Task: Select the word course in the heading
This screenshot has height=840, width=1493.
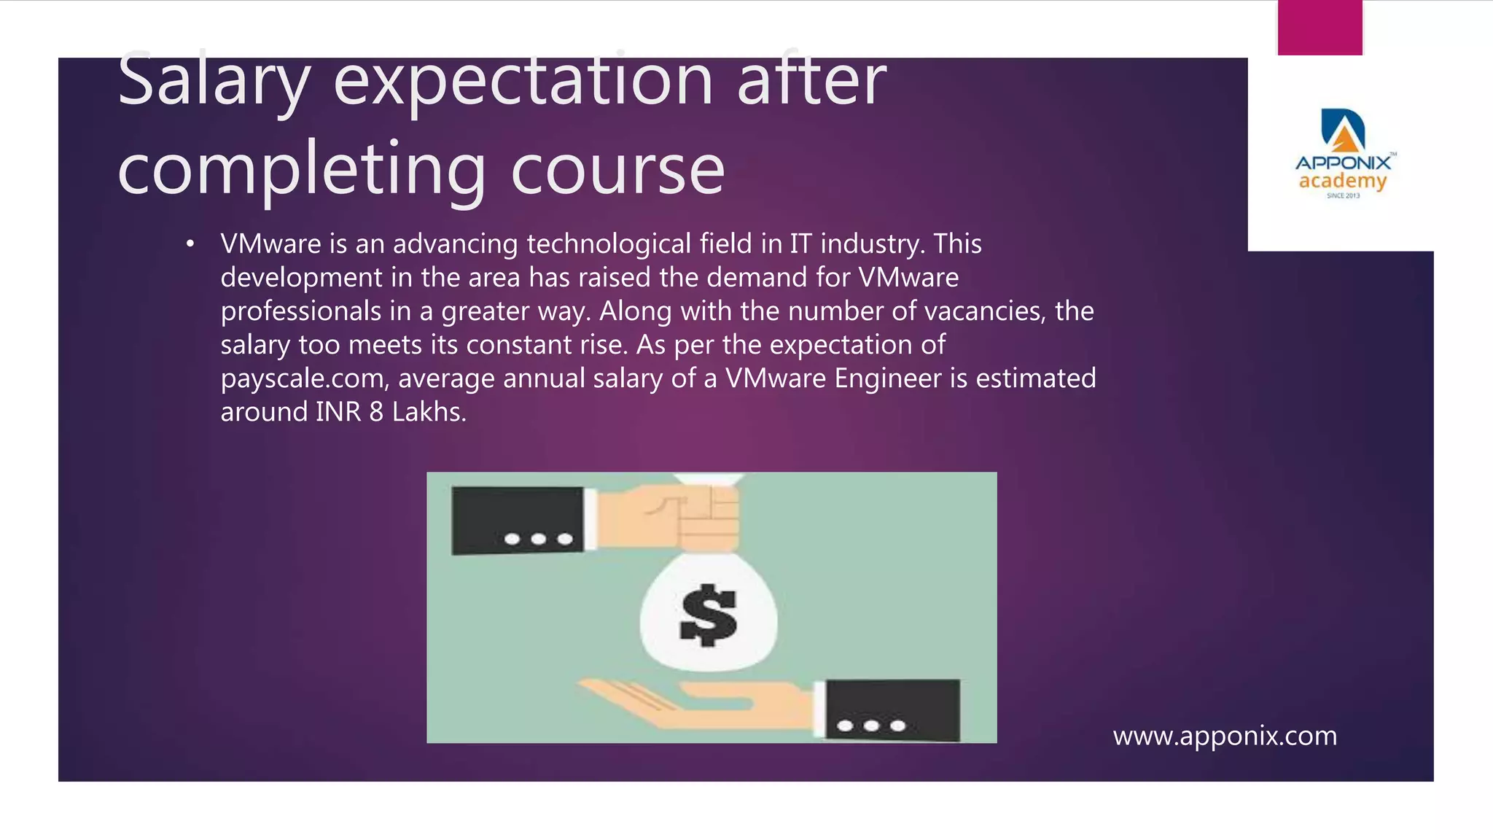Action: pos(617,170)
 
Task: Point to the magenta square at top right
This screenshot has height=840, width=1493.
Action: pos(1319,28)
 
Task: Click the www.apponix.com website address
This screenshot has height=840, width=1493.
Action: pos(1225,736)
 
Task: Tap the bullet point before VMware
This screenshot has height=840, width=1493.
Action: pos(190,244)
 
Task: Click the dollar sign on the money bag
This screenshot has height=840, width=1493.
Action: pos(708,615)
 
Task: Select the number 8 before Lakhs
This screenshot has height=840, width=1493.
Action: pos(376,412)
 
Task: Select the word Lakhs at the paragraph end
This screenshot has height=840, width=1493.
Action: pos(429,412)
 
